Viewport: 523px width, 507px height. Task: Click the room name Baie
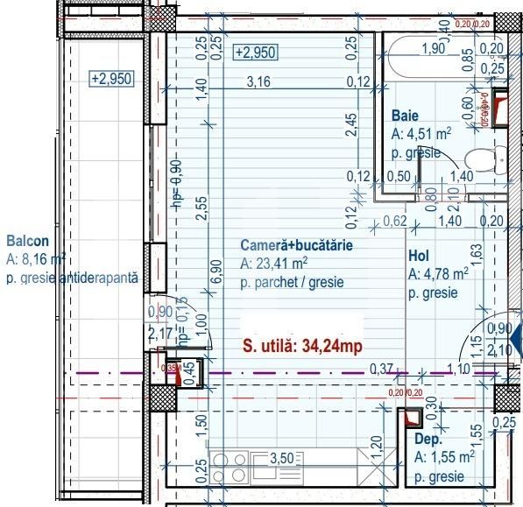[405, 116]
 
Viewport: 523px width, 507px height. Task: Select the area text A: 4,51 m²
[421, 134]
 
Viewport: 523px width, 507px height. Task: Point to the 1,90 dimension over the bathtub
[434, 48]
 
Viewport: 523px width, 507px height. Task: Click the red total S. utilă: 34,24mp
[301, 347]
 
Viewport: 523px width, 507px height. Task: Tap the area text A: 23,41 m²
[273, 264]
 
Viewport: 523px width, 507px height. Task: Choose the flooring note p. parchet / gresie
[292, 283]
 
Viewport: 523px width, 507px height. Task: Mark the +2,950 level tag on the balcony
[110, 78]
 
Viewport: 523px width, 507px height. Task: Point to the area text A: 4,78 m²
[438, 274]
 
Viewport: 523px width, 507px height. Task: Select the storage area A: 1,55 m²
[444, 457]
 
